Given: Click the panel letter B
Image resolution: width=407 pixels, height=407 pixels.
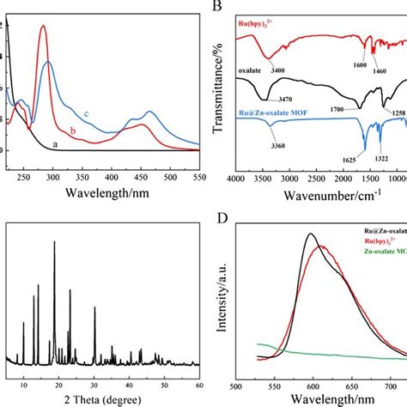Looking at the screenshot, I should pyautogui.click(x=217, y=6).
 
